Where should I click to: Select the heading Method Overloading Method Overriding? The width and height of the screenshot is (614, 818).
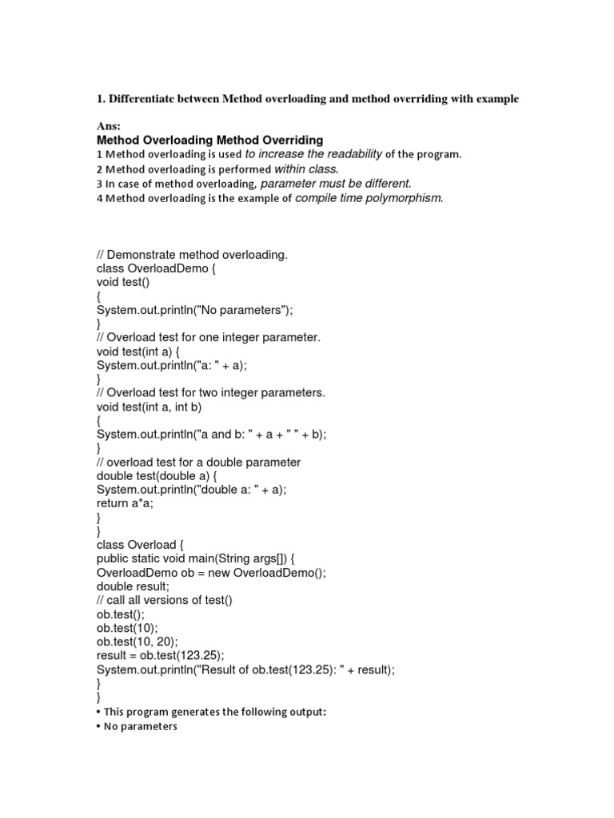point(209,141)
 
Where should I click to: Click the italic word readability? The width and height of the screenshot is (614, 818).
point(350,154)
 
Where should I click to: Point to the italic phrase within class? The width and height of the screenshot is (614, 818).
point(306,169)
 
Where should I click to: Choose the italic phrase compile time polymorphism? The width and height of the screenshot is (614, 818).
point(369,198)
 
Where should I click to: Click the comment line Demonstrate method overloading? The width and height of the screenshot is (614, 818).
point(191,255)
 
